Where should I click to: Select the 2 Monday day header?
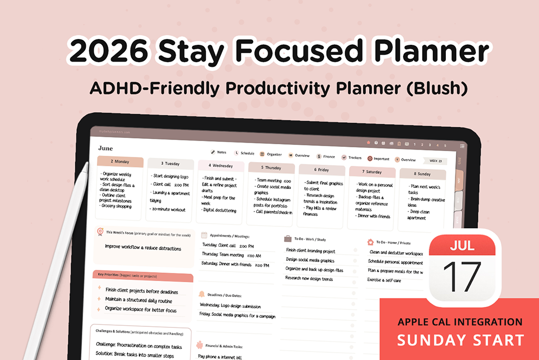[x=119, y=162]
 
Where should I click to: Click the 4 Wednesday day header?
[x=221, y=166]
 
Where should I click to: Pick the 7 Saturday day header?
[x=372, y=172]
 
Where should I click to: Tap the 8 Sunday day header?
[x=422, y=174]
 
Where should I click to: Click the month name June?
[x=105, y=148]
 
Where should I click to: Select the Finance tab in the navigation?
[x=328, y=156]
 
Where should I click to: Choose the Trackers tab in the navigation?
[x=355, y=157]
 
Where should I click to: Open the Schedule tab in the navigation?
[x=247, y=153]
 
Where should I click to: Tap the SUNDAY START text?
[x=461, y=340]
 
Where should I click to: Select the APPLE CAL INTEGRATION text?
[x=460, y=322]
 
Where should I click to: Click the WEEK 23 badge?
[x=436, y=161]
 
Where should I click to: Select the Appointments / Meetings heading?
[x=229, y=236]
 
